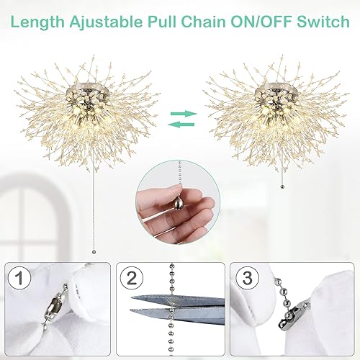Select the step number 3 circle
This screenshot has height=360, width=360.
[246, 277]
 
